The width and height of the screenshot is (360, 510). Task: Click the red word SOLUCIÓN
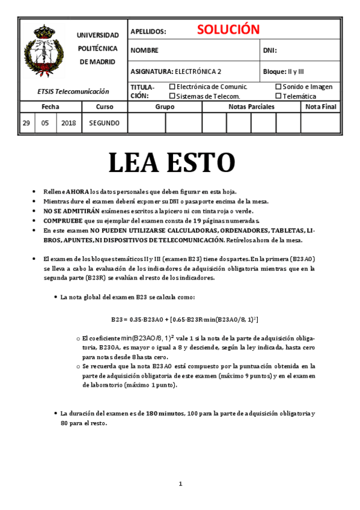pos(228,30)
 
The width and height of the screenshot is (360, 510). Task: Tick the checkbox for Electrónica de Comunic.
pos(172,87)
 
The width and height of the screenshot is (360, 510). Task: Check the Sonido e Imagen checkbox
pos(278,87)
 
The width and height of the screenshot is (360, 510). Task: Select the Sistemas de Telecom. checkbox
pos(172,96)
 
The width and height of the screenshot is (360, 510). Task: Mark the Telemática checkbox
pos(278,96)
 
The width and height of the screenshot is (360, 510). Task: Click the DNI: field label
pos(270,51)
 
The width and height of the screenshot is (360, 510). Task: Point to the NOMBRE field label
pos(144,51)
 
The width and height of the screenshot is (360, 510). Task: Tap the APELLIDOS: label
pos(148,31)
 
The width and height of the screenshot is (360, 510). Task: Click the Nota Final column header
pos(321,106)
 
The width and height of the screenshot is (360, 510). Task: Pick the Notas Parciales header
pos(251,106)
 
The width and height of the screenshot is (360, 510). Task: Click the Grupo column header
pos(165,106)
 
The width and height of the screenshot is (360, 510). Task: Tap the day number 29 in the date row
pos(26,123)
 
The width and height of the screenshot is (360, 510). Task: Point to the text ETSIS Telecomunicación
pos(73,91)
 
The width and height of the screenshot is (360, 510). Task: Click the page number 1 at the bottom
pos(180,484)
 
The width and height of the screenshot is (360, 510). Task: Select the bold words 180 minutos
pos(165,414)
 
